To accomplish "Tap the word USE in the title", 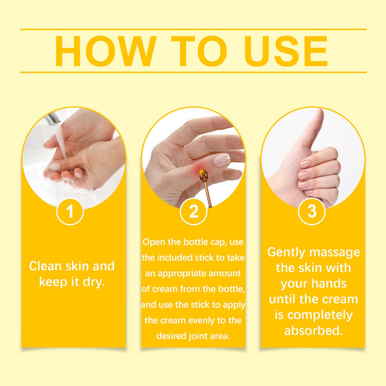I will pos(280,51).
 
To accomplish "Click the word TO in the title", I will pos(194,51).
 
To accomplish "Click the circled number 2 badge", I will pos(193,212).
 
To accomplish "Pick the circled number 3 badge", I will pos(312,212).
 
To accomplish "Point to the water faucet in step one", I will pos(53,119).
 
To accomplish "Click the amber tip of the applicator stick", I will pos(204,175).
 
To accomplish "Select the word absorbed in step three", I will pos(313,331).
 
